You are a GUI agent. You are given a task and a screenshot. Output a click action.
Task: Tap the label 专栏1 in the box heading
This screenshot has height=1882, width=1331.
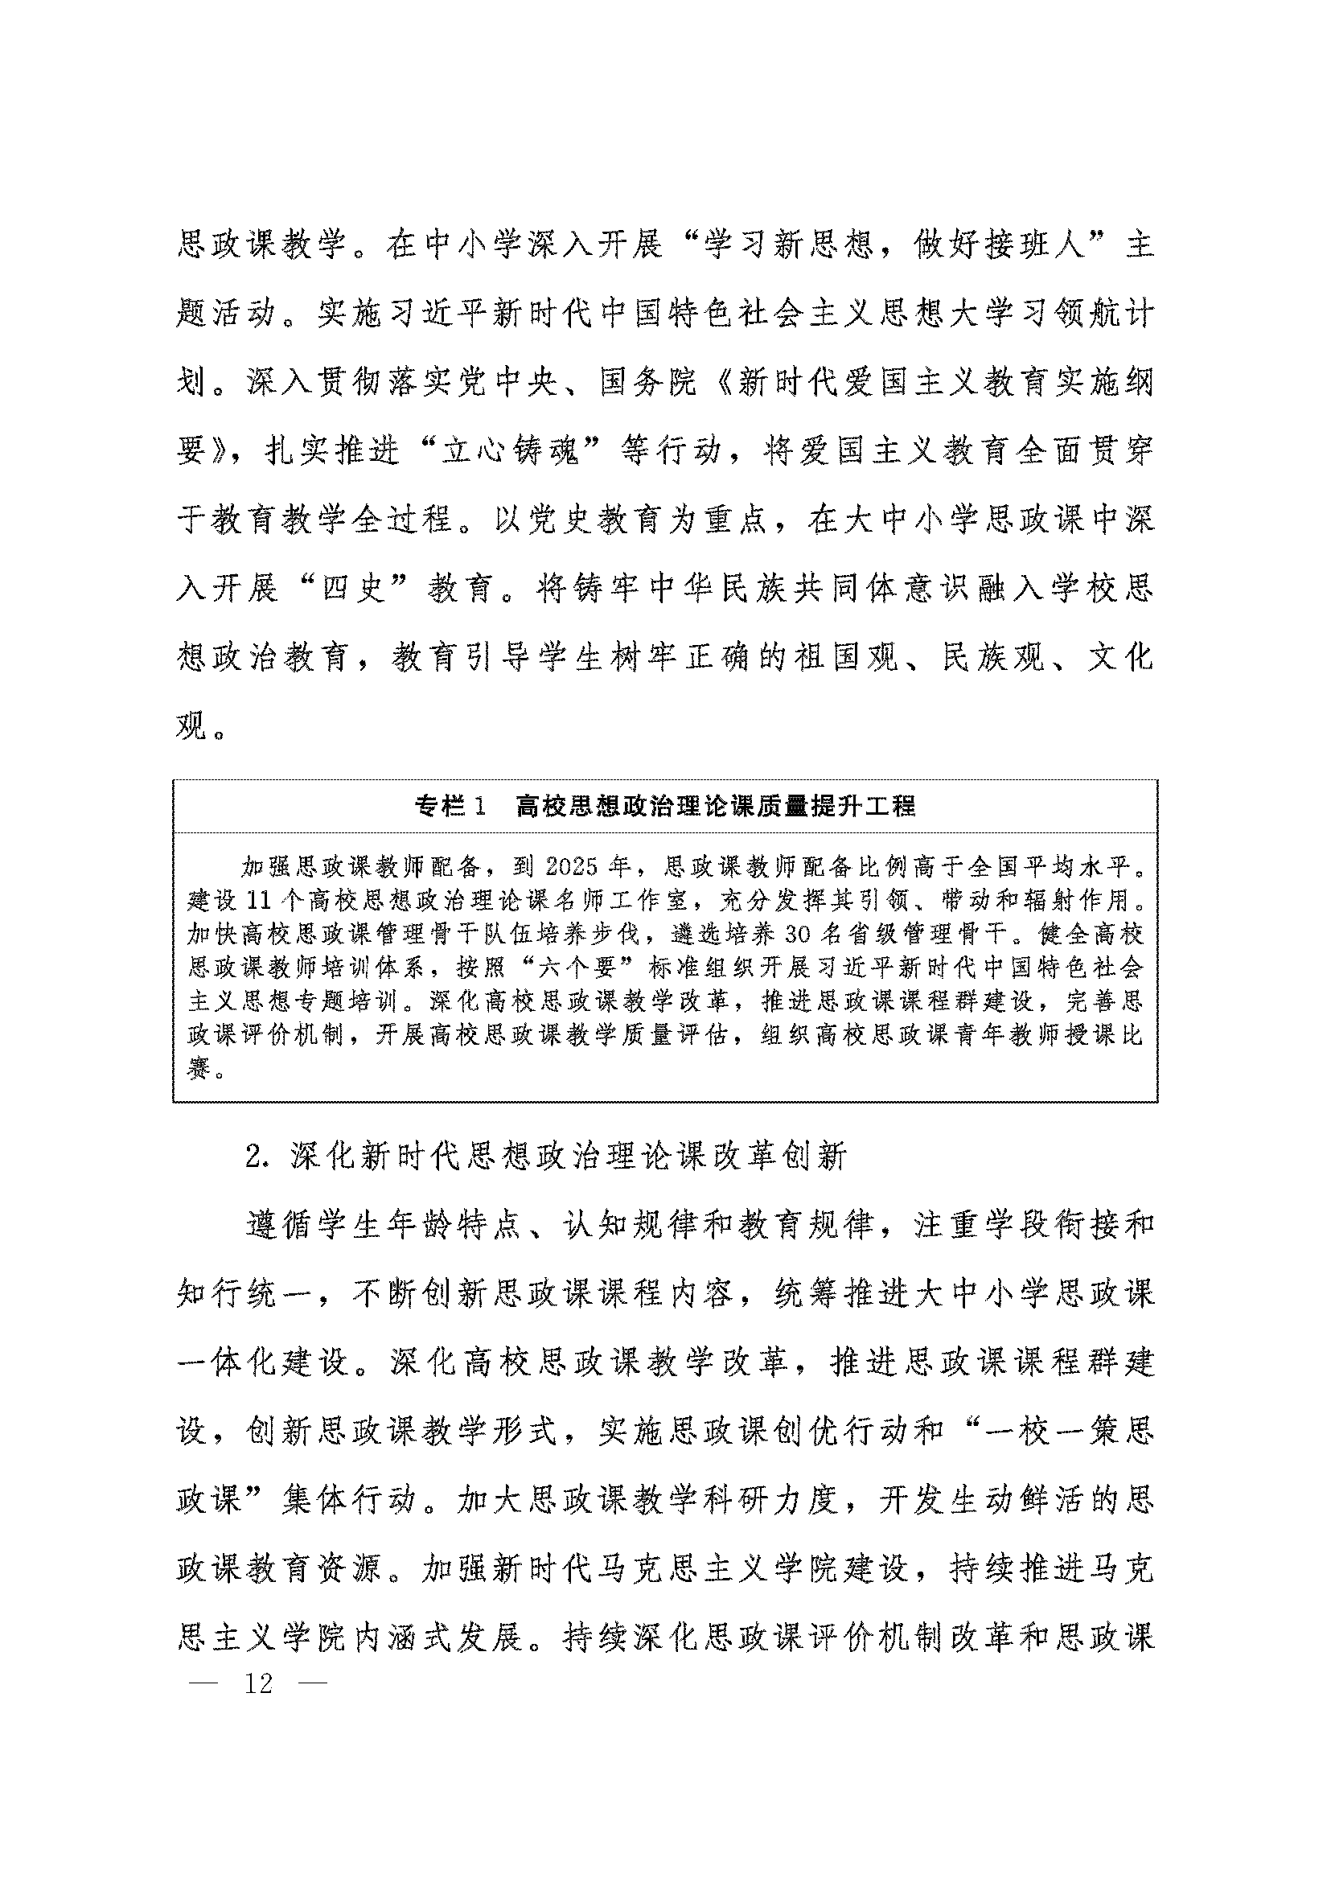(450, 807)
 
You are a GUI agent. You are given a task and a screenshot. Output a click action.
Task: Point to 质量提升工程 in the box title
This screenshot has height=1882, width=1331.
(835, 807)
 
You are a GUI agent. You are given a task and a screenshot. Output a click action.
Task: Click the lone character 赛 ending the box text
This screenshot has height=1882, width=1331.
(199, 1068)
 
